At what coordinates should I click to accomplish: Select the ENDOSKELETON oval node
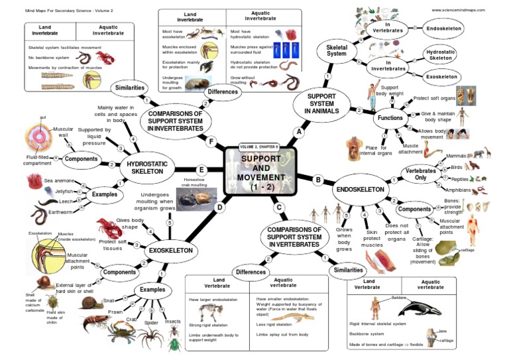click(360, 189)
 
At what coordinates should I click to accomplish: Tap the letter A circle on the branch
click(298, 133)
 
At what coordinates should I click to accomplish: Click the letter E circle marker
click(201, 170)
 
